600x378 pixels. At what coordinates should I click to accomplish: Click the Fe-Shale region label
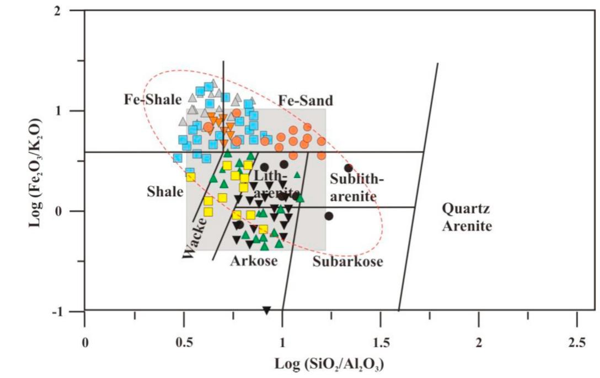152,100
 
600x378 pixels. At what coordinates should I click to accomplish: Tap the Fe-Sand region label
306,100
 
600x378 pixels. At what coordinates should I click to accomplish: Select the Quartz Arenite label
467,217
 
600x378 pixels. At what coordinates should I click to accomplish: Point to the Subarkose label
347,262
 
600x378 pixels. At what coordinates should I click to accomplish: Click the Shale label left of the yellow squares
165,192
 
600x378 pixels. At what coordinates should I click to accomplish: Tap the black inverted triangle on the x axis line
267,310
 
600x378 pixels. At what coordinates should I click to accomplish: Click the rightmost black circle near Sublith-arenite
348,168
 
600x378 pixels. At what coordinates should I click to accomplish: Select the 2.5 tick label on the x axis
576,342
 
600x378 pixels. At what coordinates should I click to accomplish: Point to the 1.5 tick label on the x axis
380,342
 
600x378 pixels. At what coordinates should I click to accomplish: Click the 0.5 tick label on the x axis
183,342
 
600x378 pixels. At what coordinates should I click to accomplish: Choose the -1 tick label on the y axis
70,312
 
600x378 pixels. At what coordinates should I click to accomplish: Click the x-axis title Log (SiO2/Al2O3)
330,364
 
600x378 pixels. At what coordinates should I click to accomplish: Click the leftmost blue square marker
178,158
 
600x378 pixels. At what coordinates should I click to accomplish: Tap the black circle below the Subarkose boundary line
329,216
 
